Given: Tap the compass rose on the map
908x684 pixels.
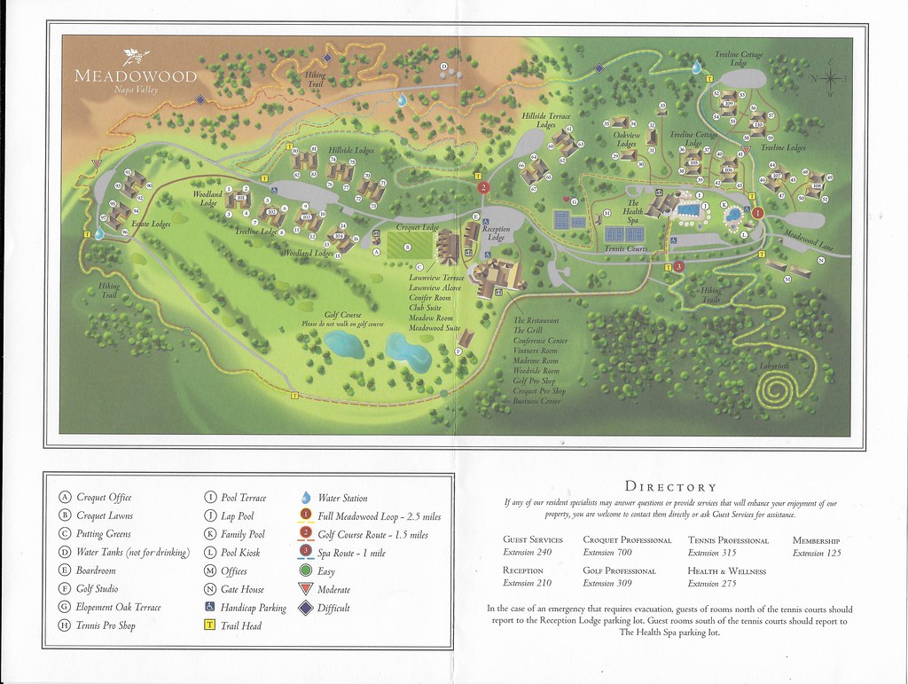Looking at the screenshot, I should [x=831, y=80].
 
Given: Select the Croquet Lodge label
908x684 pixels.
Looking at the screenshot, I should [x=417, y=228].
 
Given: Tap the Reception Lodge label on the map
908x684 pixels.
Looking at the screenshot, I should [x=497, y=233].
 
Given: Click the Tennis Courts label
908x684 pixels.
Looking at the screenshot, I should [x=625, y=249].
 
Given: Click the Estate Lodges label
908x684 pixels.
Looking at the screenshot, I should [x=152, y=224].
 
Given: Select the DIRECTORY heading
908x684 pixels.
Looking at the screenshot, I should [x=670, y=486].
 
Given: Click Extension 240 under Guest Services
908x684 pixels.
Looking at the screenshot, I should [x=527, y=552].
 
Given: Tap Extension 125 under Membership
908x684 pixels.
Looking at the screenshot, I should [x=816, y=553].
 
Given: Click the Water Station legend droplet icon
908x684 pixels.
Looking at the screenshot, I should [x=306, y=498].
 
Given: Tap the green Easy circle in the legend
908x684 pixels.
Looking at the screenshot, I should [x=306, y=571].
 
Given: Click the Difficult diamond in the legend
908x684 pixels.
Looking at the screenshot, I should [x=306, y=608].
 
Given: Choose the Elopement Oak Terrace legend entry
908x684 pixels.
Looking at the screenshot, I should [x=118, y=607].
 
